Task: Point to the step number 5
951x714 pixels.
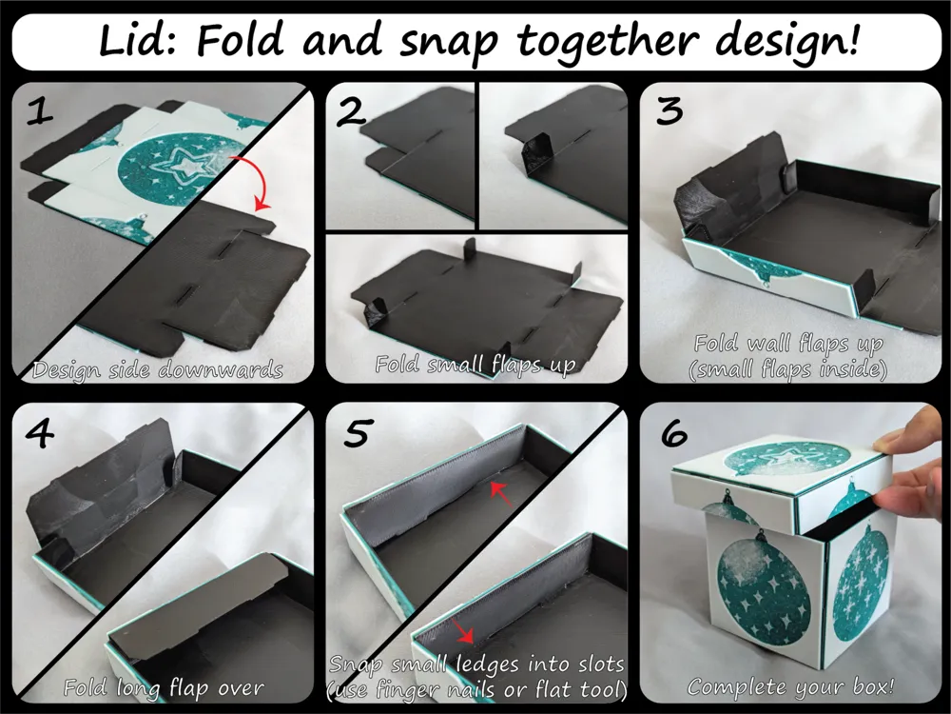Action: (355, 434)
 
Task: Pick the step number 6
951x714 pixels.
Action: (671, 434)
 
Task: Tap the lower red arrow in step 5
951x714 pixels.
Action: (465, 630)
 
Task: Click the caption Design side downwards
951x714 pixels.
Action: (157, 369)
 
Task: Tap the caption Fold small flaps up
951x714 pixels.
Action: (475, 366)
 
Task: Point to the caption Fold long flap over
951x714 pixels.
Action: (164, 685)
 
